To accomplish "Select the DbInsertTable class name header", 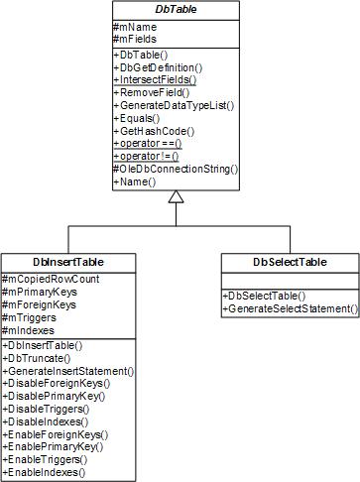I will [68, 262].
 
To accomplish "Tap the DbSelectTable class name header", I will [289, 262].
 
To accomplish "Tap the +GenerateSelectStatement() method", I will [289, 309].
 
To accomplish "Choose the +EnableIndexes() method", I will [46, 473].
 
